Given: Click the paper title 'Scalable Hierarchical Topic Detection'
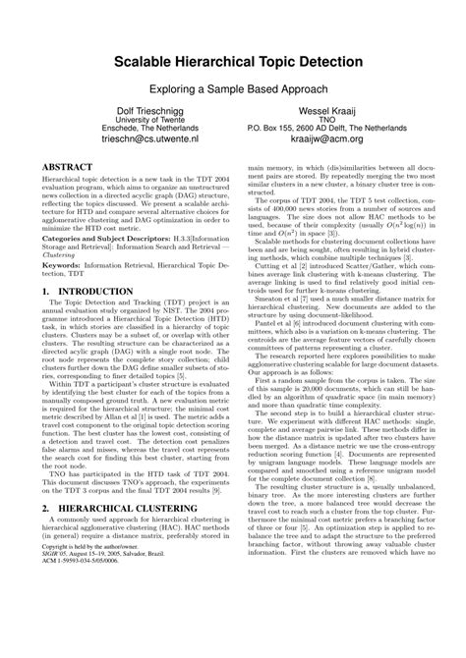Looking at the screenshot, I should coord(233,62).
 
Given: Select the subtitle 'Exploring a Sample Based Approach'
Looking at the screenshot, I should coord(233,88).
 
